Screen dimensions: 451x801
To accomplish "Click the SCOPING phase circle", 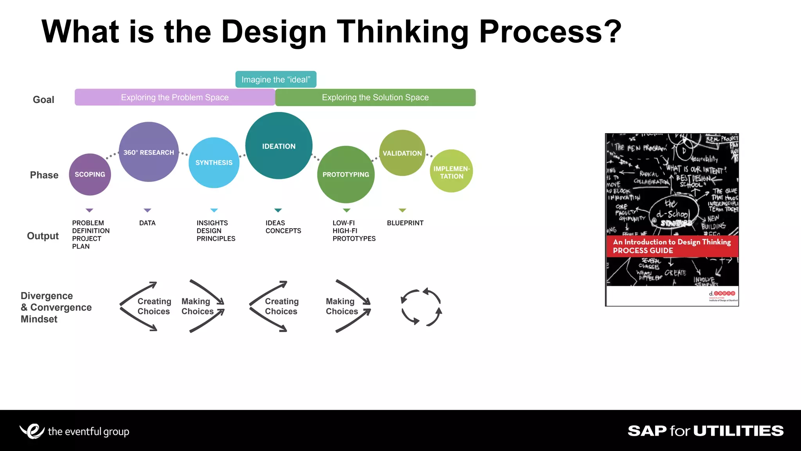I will pyautogui.click(x=90, y=175).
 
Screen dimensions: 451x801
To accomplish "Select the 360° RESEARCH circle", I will pyautogui.click(x=149, y=152).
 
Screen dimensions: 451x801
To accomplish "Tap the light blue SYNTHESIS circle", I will pyautogui.click(x=214, y=162).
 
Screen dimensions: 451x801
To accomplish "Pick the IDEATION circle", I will pyautogui.click(x=279, y=146).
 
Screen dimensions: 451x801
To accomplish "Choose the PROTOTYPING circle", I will pyautogui.click(x=346, y=175).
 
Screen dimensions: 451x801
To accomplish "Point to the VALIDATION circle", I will pyautogui.click(x=402, y=153).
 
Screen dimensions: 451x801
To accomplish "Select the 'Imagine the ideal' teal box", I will pyautogui.click(x=276, y=79).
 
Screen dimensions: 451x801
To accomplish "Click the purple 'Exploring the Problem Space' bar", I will pyautogui.click(x=175, y=97).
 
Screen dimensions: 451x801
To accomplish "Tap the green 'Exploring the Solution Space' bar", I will pyautogui.click(x=375, y=97).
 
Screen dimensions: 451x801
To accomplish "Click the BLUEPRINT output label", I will pyautogui.click(x=405, y=223).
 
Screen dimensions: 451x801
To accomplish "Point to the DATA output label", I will pyautogui.click(x=147, y=223).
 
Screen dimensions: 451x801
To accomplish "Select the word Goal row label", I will pyautogui.click(x=43, y=100).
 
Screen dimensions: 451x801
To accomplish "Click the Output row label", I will pyautogui.click(x=43, y=236).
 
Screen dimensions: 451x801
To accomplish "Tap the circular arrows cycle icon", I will pyautogui.click(x=421, y=307).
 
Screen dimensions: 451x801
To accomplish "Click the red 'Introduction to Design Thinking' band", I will pyautogui.click(x=672, y=246).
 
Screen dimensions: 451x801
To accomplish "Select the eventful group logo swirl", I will pyautogui.click(x=32, y=431).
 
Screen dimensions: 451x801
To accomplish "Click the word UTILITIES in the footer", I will pyautogui.click(x=738, y=431).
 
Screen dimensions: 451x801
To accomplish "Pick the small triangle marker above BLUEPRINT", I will pyautogui.click(x=402, y=211).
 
